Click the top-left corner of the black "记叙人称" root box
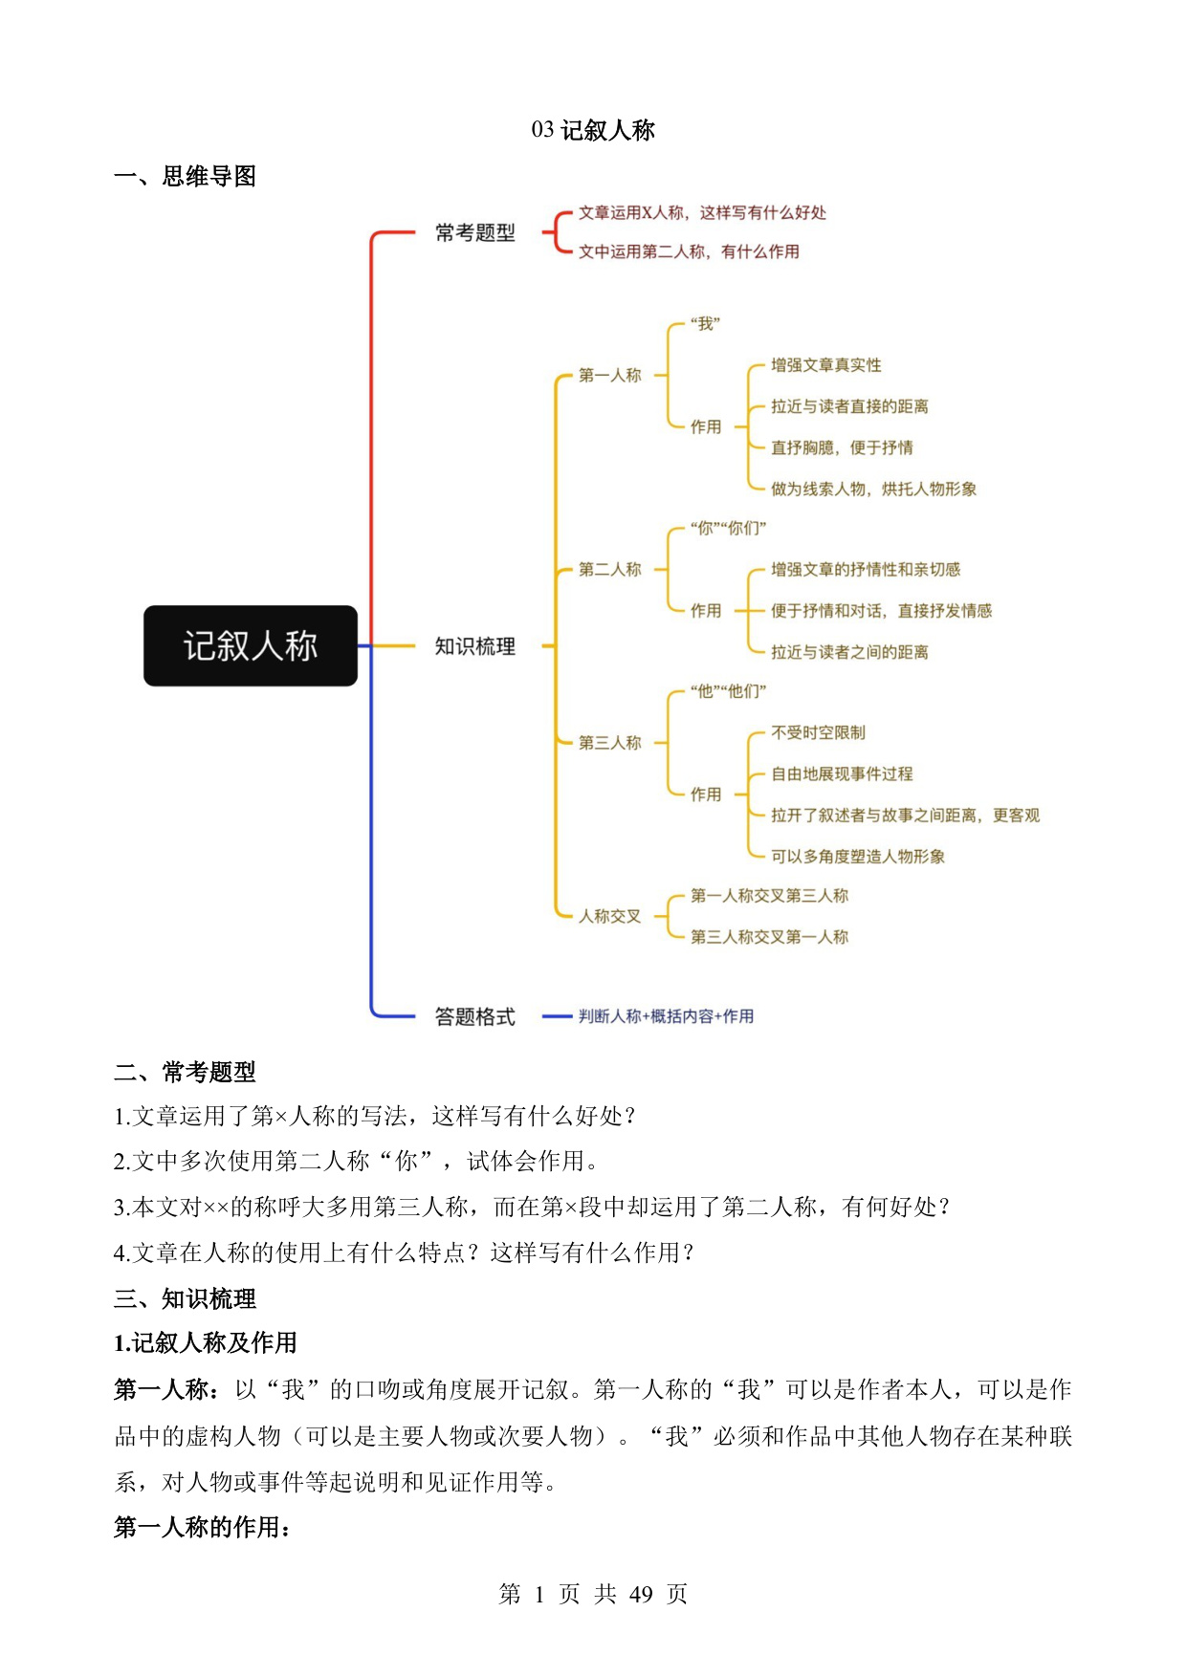pyautogui.click(x=144, y=606)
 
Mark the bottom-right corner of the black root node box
pyautogui.click(x=357, y=686)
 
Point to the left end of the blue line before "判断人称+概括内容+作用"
pyautogui.click(x=542, y=1016)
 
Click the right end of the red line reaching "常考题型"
pyautogui.click(x=415, y=232)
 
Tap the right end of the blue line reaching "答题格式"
pyautogui.click(x=415, y=1016)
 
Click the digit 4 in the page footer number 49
pyautogui.click(x=636, y=1594)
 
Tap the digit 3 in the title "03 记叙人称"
pyautogui.click(x=549, y=130)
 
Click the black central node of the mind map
pyautogui.click(x=251, y=646)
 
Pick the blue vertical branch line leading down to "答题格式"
pyautogui.click(x=371, y=832)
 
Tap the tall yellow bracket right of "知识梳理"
pyautogui.click(x=556, y=646)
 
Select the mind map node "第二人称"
pyautogui.click(x=609, y=570)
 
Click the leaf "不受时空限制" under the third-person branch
pyautogui.click(x=818, y=733)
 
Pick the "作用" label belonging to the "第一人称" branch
pyautogui.click(x=706, y=427)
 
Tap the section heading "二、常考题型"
pyautogui.click(x=185, y=1072)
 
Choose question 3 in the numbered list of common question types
pyautogui.click(x=532, y=1207)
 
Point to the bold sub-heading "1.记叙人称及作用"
pyautogui.click(x=206, y=1343)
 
